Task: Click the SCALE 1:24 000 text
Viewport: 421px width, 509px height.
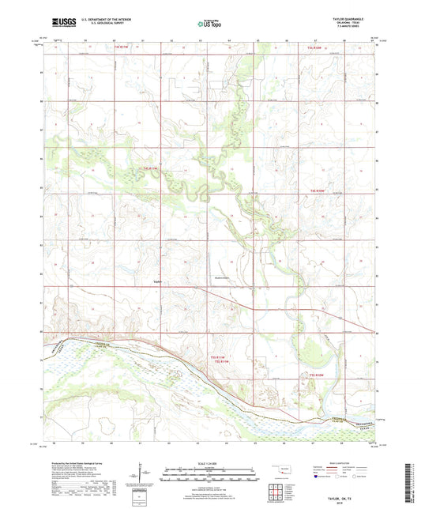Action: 210,463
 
